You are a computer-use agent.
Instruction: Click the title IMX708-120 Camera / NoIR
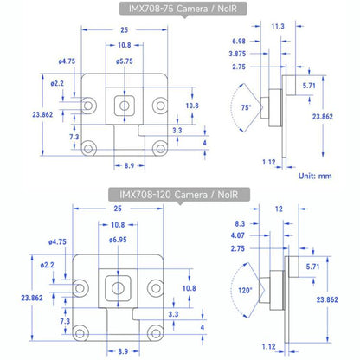(x=179, y=195)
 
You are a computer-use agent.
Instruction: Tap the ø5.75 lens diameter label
(x=124, y=61)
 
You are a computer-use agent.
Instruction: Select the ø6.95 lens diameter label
(x=124, y=239)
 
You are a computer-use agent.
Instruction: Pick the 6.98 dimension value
(x=238, y=42)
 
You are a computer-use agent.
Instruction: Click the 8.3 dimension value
(x=241, y=223)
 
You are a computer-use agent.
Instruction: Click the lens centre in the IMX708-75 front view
(x=124, y=106)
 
